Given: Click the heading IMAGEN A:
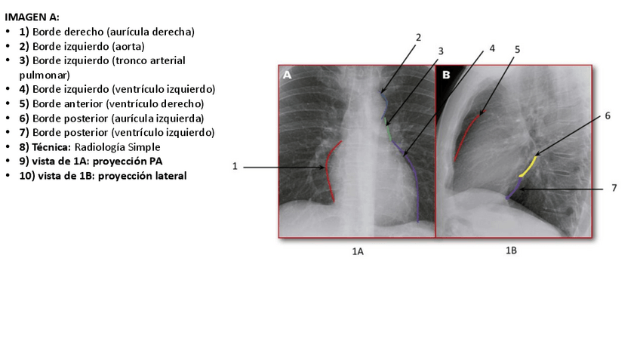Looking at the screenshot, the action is pos(32,17).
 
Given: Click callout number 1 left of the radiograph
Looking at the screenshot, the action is pos(235,167).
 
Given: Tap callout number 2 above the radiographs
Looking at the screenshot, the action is pos(418,36).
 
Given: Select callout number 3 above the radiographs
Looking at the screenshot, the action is pos(441,51).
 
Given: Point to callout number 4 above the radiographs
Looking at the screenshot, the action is pos(492,48).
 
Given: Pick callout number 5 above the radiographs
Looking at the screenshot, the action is pos(517,49).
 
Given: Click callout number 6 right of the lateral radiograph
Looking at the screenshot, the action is pos(607,116).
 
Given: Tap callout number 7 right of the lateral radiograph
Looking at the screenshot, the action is pos(614,187).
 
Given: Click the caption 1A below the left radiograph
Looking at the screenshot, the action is pos(358,251).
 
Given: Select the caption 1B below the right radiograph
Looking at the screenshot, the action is pos(511,250).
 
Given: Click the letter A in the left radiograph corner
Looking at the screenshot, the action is pos(288,75).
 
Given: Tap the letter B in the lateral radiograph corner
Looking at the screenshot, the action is pos(446,75).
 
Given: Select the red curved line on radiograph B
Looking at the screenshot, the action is pos(465,136).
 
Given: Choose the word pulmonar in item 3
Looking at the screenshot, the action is pos(45,75).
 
